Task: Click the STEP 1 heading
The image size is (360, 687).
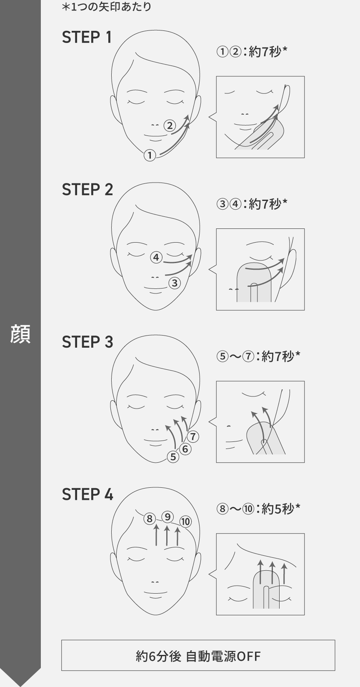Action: coord(87,37)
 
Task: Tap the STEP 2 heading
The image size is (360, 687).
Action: coord(87,189)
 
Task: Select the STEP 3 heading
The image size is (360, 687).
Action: coord(87,342)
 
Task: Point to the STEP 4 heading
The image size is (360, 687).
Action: coord(87,494)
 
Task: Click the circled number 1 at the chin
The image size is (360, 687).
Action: coord(150,155)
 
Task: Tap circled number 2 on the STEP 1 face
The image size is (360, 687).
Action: coord(170,125)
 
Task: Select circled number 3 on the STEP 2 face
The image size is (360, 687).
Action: coord(175,283)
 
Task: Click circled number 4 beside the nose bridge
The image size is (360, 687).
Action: coord(156,257)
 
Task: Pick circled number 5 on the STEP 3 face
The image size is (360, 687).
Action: coord(173,457)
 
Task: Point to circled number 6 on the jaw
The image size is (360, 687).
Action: coord(185,449)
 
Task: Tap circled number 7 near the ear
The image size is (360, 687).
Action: coord(193,436)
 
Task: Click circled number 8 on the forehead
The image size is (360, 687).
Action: coord(149,519)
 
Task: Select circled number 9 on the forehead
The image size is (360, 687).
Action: coord(167,517)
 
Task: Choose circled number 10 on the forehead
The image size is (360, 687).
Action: coord(185,522)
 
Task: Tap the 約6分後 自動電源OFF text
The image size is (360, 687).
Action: coord(198,656)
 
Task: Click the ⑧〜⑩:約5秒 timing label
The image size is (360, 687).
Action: coord(258,509)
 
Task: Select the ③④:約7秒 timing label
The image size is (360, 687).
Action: coord(252,204)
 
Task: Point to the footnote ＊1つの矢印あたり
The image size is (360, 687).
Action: coord(106,7)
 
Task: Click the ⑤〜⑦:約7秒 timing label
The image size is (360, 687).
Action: coord(258,356)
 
